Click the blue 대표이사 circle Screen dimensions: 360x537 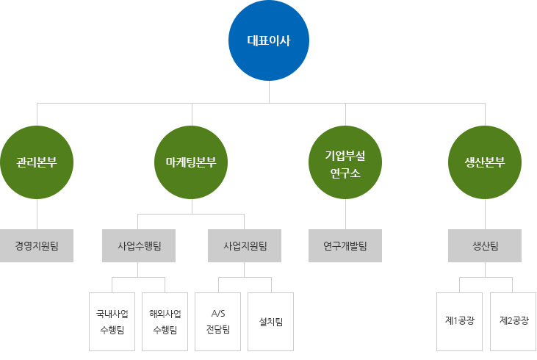tap(269, 41)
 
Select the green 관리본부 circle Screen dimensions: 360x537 tap(37, 162)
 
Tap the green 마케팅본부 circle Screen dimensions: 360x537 tap(192, 162)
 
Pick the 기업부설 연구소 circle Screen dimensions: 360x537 tap(345, 162)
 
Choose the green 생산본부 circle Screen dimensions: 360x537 tap(485, 162)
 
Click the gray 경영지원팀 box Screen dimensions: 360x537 tap(37, 245)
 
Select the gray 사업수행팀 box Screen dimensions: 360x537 tap(139, 245)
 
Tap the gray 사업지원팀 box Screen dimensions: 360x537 tap(245, 245)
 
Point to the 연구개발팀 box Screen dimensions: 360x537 tap(345, 245)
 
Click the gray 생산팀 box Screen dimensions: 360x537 tap(485, 245)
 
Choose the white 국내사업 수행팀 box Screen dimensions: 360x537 tap(112, 321)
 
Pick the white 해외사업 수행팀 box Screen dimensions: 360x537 tap(165, 321)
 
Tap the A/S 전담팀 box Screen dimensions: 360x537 tap(217, 321)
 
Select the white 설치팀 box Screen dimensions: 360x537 tap(271, 321)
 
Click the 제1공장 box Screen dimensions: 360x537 tap(459, 321)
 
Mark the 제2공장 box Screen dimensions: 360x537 tap(513, 321)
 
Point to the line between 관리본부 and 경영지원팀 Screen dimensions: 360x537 tap(37, 214)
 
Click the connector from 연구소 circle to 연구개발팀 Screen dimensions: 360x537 tap(345, 214)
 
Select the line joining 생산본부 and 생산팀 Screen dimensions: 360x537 tap(485, 214)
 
